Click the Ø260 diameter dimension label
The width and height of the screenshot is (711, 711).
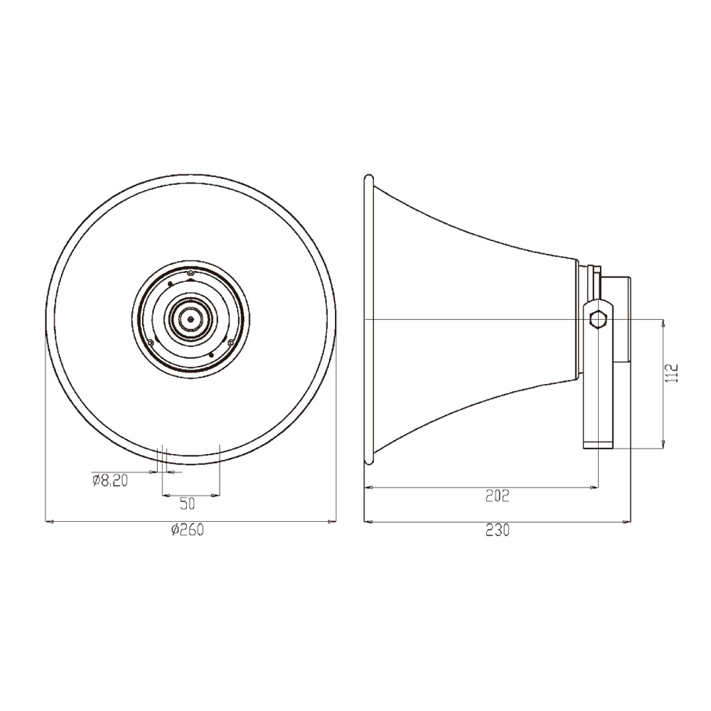[x=187, y=530]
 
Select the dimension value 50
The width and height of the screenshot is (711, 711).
[x=187, y=503]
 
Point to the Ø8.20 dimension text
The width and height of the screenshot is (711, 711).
[x=109, y=481]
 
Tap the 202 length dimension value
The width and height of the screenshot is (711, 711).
[x=498, y=496]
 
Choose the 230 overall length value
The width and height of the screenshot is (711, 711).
[x=498, y=530]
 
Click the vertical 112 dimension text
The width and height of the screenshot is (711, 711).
[x=672, y=373]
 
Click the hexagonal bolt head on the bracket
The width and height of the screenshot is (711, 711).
[x=598, y=320]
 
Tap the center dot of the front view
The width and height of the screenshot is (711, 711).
[x=191, y=319]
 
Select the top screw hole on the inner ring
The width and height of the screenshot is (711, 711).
[x=191, y=273]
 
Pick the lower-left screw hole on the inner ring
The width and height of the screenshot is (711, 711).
[x=150, y=343]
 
